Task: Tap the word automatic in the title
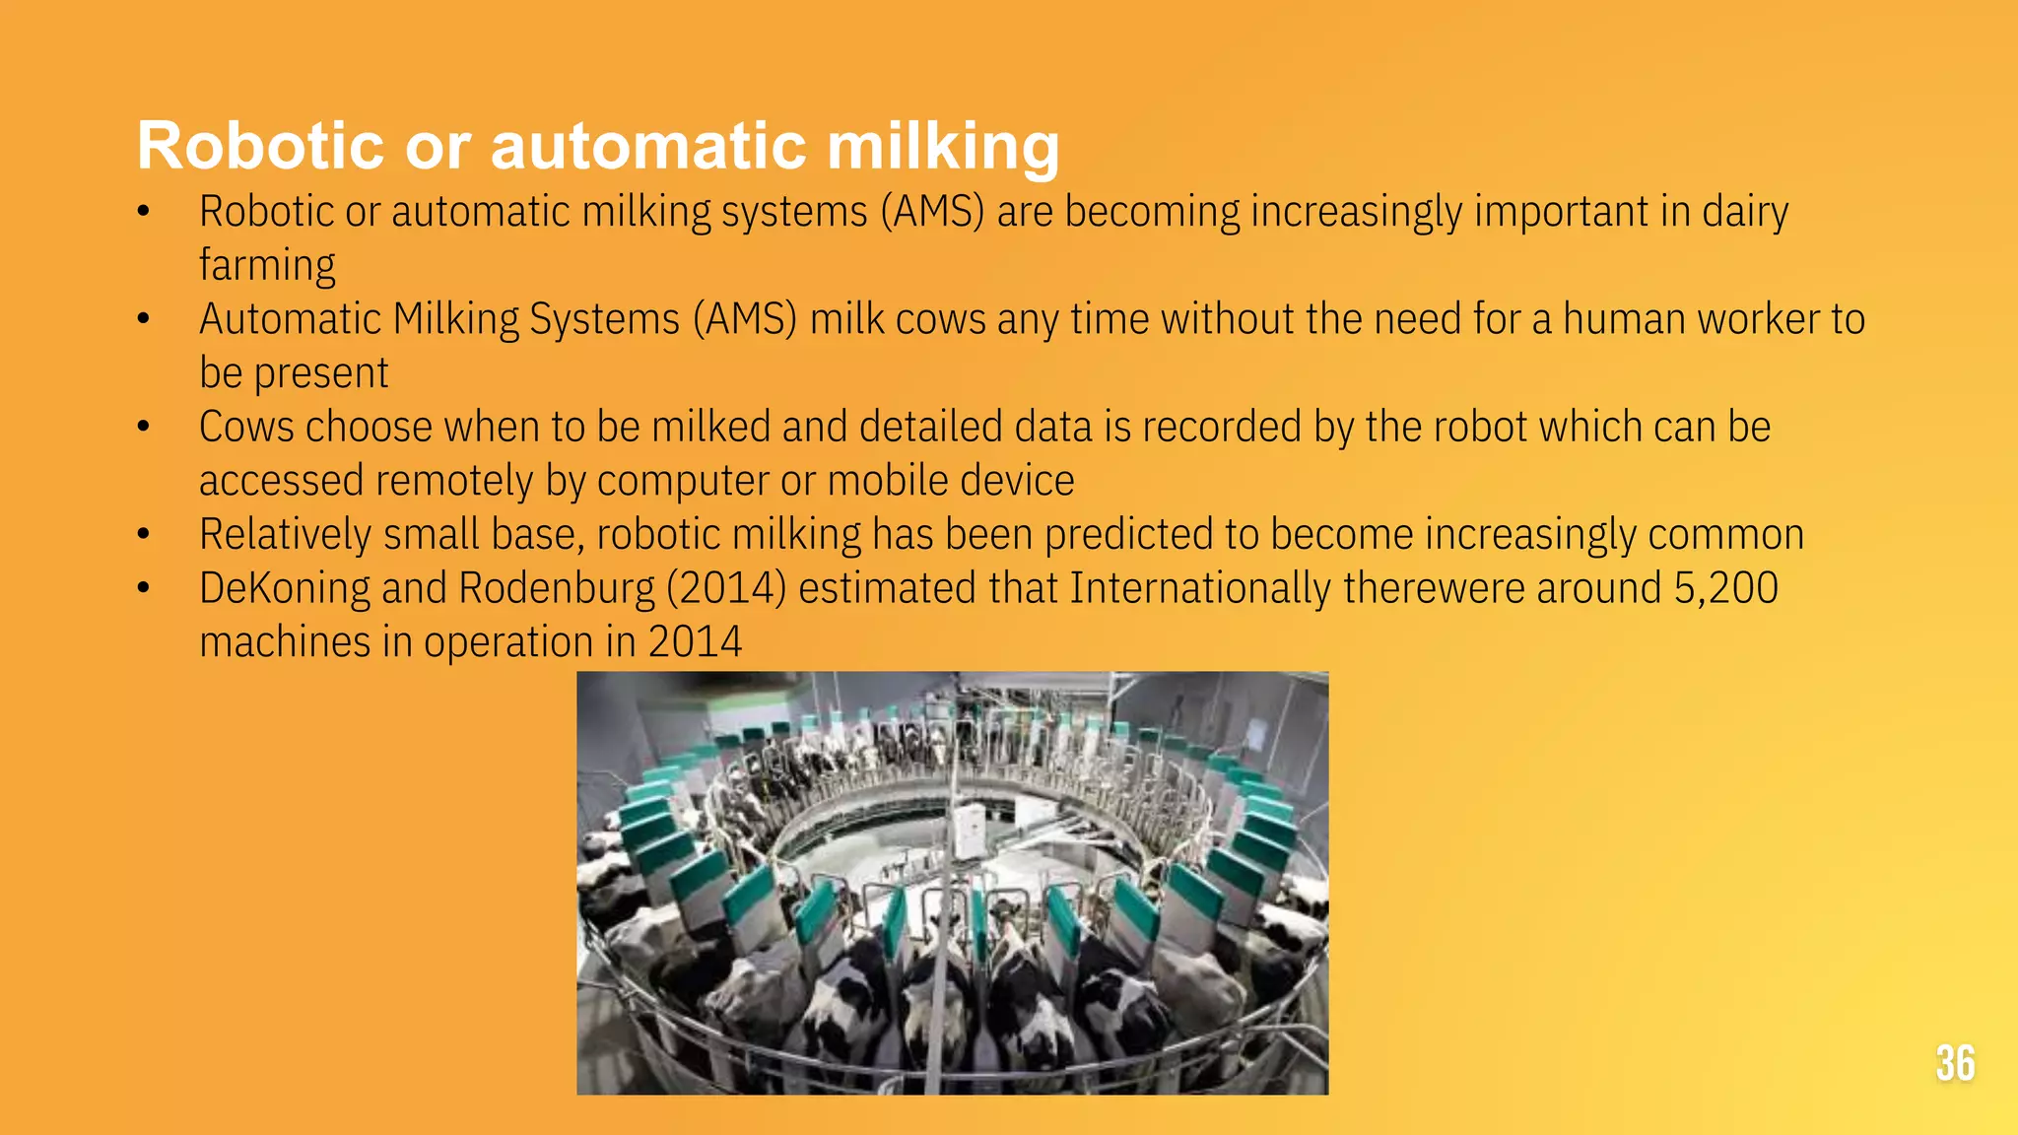[x=648, y=146]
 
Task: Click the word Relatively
[x=285, y=535]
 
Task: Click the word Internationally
[x=1200, y=588]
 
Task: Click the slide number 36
[x=1955, y=1063]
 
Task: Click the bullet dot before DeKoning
[x=144, y=588]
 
